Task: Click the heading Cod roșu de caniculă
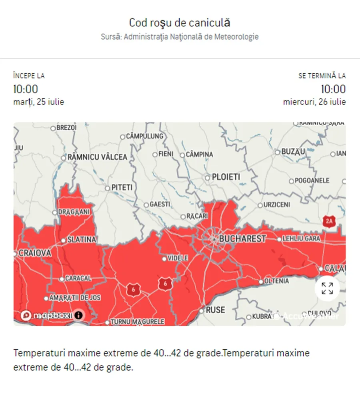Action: point(180,22)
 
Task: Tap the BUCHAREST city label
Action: point(242,239)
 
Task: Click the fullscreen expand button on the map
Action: point(327,288)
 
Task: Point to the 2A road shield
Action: point(329,221)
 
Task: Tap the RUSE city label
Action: point(215,310)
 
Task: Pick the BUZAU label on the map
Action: point(293,152)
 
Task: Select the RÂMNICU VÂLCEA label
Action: point(97,157)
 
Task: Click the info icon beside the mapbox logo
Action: point(79,315)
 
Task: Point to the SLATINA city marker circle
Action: point(63,241)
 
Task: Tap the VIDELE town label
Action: point(178,259)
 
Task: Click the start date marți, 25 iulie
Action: point(38,102)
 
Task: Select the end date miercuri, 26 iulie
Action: point(314,102)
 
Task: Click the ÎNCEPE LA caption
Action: point(29,76)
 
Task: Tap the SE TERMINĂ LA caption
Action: point(322,76)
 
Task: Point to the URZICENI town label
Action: point(276,205)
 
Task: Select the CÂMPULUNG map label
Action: point(144,136)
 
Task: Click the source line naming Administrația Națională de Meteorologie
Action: point(180,37)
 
